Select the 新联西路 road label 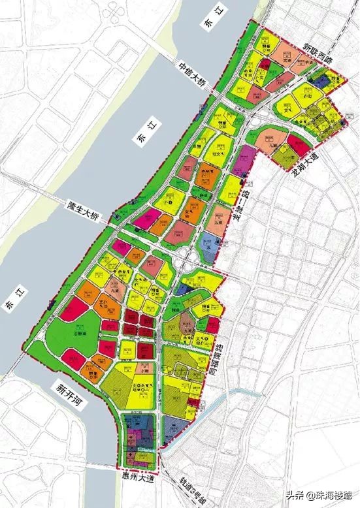pyautogui.click(x=323, y=58)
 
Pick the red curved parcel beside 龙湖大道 pyautogui.click(x=297, y=145)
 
